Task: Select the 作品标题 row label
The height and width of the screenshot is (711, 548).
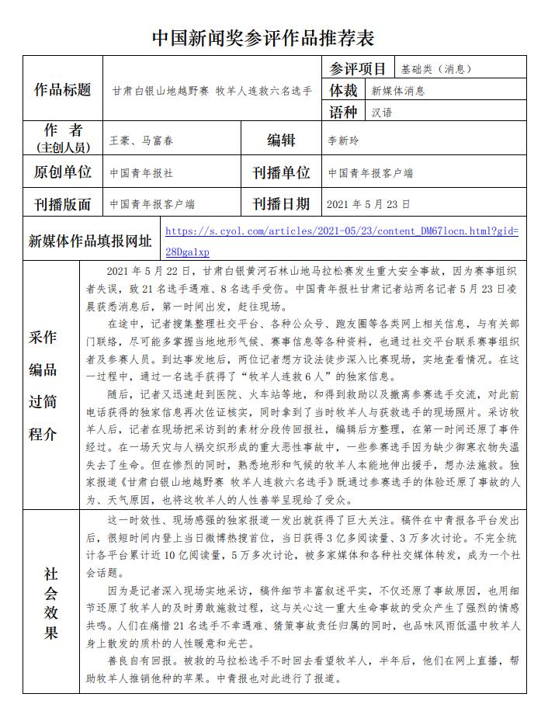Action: [63, 90]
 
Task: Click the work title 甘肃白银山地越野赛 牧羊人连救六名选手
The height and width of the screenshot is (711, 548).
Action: [211, 91]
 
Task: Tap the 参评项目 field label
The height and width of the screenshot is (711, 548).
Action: [357, 68]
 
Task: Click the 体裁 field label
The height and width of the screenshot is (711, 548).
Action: [345, 90]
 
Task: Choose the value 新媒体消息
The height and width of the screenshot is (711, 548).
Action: [398, 91]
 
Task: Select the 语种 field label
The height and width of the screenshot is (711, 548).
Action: [345, 112]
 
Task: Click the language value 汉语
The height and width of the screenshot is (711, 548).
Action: [382, 113]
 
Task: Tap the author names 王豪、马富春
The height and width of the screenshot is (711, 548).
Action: [142, 140]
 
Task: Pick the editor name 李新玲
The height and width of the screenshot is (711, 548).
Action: [344, 140]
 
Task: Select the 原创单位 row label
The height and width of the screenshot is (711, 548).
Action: [63, 172]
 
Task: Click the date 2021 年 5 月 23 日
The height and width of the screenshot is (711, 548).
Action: [369, 204]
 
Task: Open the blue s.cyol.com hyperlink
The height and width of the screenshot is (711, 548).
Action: [342, 231]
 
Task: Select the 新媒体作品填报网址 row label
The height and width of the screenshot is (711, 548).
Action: [90, 240]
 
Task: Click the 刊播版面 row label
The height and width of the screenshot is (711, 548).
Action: [63, 204]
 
